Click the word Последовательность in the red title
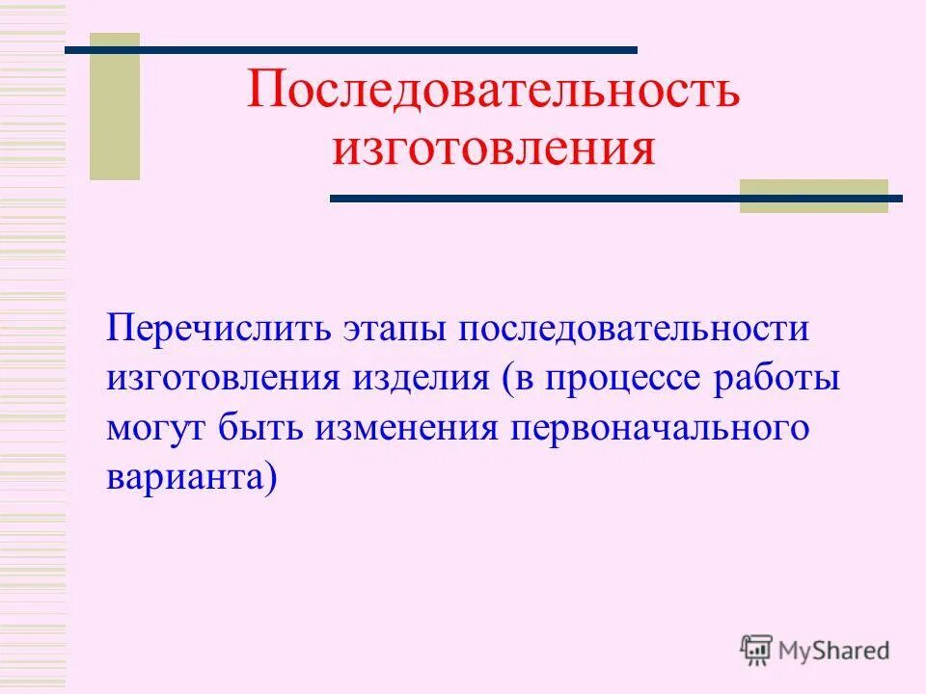click(492, 90)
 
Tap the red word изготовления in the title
click(493, 149)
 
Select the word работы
click(780, 378)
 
